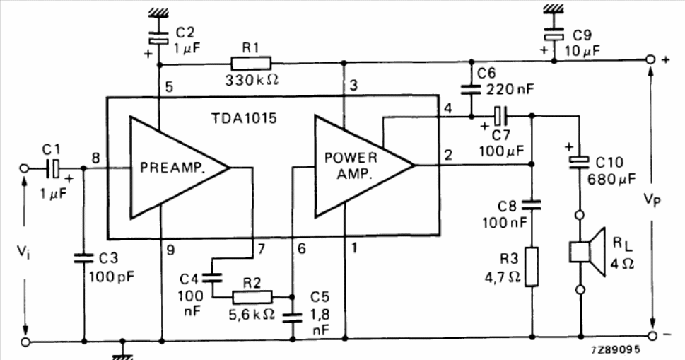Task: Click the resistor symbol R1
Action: [251, 64]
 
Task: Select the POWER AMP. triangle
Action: [358, 166]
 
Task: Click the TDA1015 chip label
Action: [244, 118]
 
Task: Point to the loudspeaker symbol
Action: [587, 252]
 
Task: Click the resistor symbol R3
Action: [532, 267]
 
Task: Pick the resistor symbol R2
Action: [252, 298]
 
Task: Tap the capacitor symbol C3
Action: [83, 258]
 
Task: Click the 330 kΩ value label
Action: [252, 81]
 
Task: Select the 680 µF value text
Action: [611, 179]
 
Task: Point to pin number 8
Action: [95, 158]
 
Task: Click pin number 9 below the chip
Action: [170, 250]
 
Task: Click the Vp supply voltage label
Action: [652, 200]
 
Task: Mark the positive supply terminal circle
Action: [650, 60]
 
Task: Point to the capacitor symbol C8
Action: [532, 205]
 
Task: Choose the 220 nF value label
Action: [510, 90]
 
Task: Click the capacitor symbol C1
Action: [53, 168]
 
